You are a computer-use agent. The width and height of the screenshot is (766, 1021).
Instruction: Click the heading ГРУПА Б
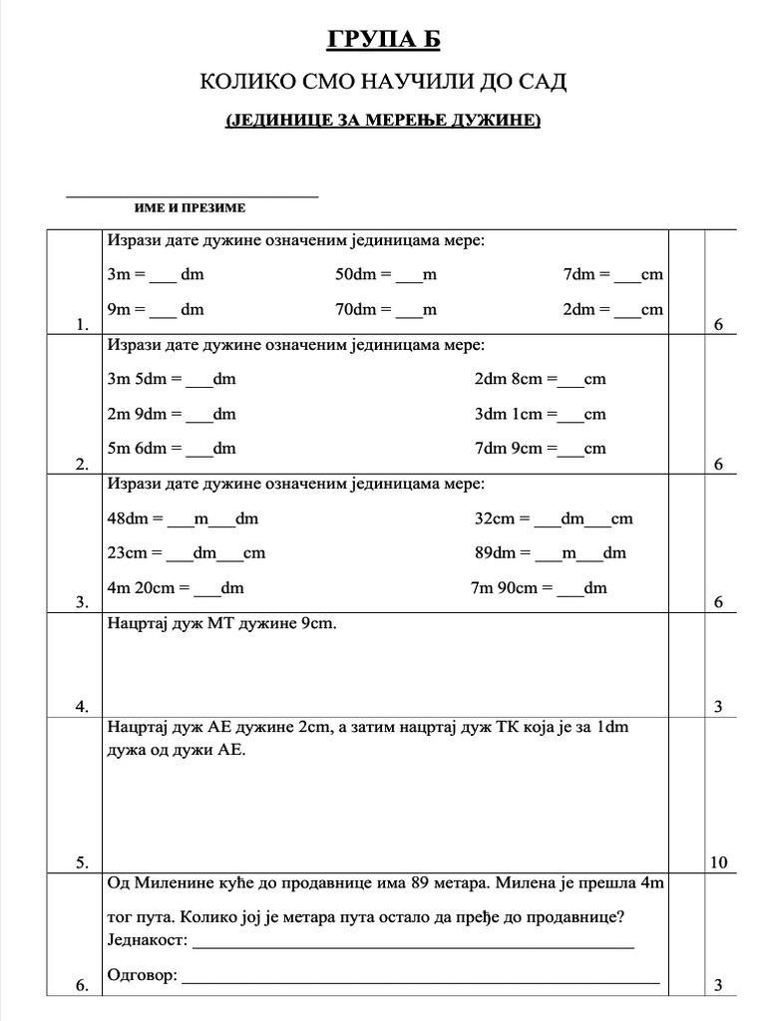[383, 39]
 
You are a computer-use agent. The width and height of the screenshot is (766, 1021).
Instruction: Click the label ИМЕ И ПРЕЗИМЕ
[190, 208]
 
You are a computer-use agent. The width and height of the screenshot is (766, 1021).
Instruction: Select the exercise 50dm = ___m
[386, 274]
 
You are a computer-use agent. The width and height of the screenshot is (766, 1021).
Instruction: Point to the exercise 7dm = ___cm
[612, 274]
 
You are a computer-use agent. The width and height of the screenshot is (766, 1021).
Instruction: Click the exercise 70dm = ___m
[386, 309]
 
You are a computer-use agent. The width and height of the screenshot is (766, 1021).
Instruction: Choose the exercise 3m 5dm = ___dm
[171, 379]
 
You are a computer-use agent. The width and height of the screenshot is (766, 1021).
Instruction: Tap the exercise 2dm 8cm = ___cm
[540, 379]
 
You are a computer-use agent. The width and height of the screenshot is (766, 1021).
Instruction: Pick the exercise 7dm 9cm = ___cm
[540, 448]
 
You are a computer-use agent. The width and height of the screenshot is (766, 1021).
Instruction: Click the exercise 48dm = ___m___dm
[183, 518]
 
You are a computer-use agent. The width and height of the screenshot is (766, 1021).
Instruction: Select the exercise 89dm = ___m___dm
[551, 552]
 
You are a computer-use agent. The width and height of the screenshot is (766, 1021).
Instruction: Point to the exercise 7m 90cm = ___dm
[539, 587]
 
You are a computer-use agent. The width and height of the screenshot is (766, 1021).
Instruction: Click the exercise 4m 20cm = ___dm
[176, 587]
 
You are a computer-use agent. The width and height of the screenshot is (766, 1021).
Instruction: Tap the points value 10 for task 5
[719, 862]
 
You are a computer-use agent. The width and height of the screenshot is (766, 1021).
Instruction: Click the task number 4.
[82, 707]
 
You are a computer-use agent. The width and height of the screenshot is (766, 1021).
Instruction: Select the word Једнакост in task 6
[146, 940]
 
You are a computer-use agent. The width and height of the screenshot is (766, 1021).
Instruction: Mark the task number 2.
[82, 464]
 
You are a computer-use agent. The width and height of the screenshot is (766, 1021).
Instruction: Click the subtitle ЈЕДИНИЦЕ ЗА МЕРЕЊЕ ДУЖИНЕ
[383, 121]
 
